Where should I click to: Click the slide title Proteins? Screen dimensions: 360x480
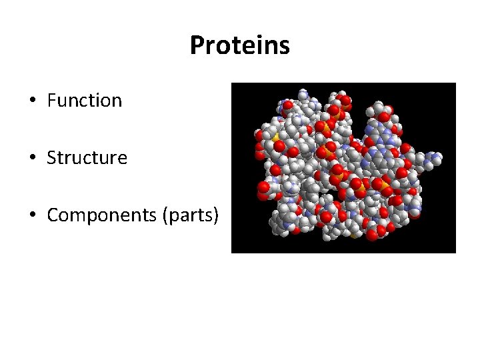coord(239,46)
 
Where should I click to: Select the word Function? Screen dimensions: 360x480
coord(85,101)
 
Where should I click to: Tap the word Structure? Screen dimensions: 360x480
coord(87,158)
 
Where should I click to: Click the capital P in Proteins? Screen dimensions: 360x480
coord(197,46)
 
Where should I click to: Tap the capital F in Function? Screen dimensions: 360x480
coord(51,101)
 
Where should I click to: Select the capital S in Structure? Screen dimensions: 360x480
coord(51,158)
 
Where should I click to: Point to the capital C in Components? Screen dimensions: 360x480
coord(53,216)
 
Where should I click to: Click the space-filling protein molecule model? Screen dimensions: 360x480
coord(343,167)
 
